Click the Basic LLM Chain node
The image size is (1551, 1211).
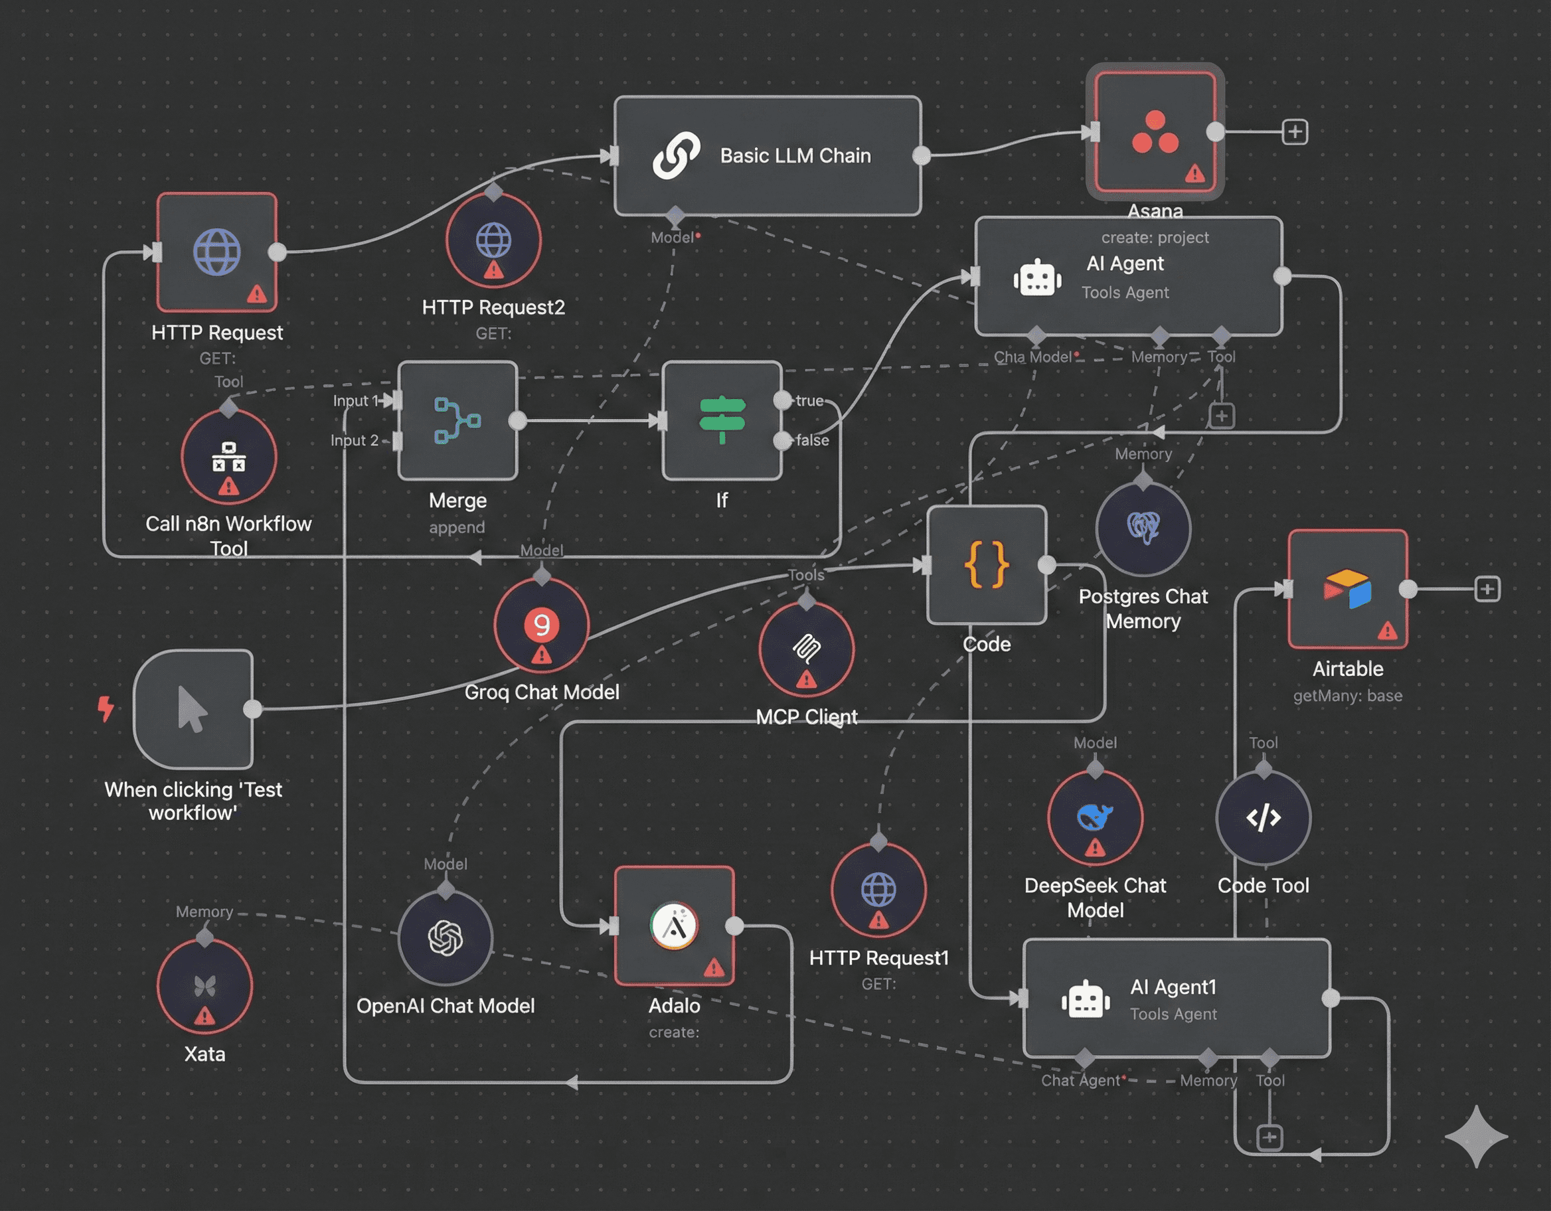tap(767, 155)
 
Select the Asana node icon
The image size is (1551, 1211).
tap(1155, 132)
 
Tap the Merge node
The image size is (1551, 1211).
tap(457, 420)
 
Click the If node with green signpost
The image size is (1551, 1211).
tap(722, 420)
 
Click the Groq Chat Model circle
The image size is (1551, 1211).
tap(541, 625)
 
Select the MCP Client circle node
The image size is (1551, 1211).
tap(806, 649)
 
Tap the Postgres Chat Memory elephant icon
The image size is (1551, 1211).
tap(1143, 528)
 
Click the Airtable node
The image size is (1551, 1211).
tap(1347, 589)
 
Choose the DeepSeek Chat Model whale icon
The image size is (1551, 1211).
tap(1094, 817)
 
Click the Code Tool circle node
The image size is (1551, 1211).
tap(1264, 817)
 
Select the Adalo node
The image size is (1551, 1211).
tap(674, 926)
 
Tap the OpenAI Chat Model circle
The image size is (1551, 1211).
tap(446, 937)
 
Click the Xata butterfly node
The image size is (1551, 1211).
tap(204, 986)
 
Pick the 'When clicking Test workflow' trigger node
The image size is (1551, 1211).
tap(193, 709)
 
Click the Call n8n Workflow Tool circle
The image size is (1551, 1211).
tap(228, 457)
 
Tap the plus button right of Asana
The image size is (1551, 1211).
tap(1295, 132)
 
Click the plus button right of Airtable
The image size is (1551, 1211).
tap(1487, 589)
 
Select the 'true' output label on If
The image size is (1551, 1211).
tap(809, 400)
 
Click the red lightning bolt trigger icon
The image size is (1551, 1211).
tap(106, 708)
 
